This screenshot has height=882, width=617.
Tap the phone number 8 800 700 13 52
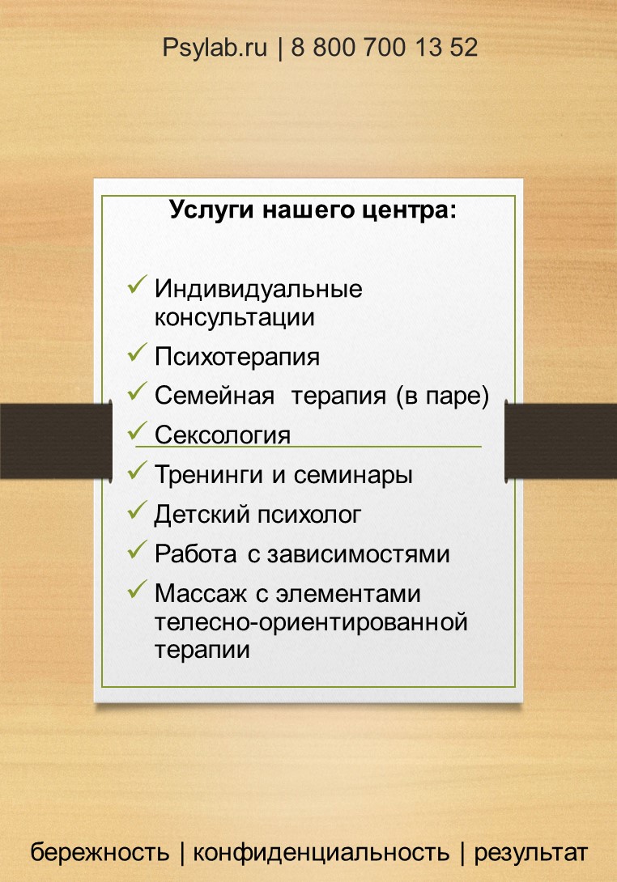(384, 48)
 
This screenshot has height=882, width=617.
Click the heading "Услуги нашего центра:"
(313, 211)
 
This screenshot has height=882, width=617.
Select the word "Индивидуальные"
(258, 289)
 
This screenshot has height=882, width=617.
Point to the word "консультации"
(234, 317)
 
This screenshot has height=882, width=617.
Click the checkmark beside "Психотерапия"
(137, 353)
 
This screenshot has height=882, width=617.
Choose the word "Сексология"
(222, 435)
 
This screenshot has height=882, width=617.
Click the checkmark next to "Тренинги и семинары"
(137, 469)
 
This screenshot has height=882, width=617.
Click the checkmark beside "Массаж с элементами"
(137, 589)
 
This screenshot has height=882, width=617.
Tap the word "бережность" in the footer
(100, 852)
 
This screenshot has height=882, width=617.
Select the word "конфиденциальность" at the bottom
(321, 852)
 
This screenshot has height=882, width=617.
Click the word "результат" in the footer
(530, 852)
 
